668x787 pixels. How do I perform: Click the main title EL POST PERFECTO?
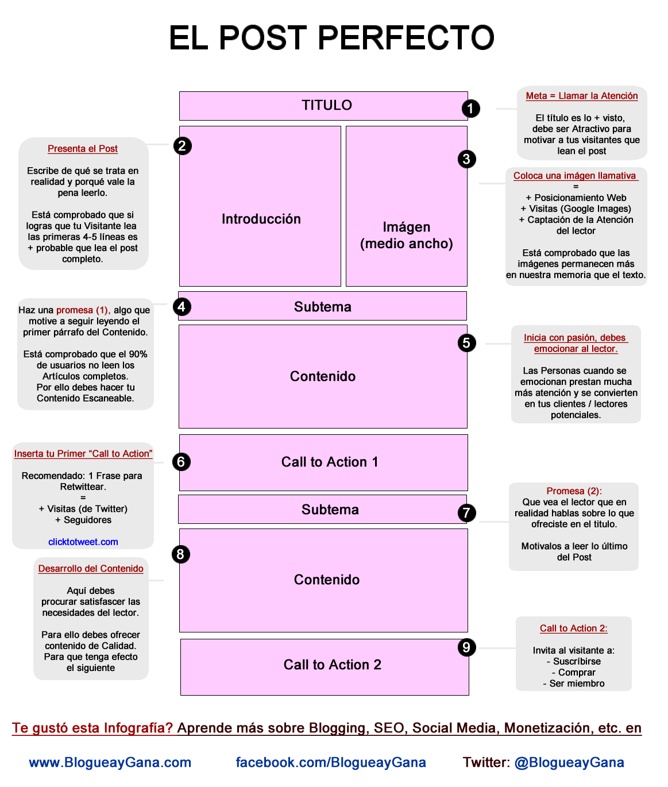point(331,37)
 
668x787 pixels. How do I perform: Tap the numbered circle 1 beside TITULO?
point(470,109)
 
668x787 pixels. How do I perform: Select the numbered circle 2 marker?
point(182,146)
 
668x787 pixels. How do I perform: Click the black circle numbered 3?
point(466,159)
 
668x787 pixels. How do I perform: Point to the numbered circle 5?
point(466,343)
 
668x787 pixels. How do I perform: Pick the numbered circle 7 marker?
point(466,513)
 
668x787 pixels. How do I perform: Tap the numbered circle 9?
point(466,647)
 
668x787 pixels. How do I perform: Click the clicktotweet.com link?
point(83,542)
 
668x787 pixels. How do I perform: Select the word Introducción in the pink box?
point(261,219)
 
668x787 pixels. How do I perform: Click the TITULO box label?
point(327,105)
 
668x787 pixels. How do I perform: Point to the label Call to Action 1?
point(330,462)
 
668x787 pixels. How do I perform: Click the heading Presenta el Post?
point(83,148)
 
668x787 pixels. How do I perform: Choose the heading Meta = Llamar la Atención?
point(582,96)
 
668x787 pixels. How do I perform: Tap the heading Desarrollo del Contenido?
point(91,569)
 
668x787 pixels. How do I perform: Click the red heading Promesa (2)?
point(574,491)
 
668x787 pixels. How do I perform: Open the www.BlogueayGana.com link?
point(110,762)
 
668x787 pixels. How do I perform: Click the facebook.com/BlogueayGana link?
point(331,762)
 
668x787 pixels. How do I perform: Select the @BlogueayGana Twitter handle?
point(569,762)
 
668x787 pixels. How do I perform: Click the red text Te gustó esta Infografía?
point(92,728)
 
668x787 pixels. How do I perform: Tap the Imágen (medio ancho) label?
point(407,236)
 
